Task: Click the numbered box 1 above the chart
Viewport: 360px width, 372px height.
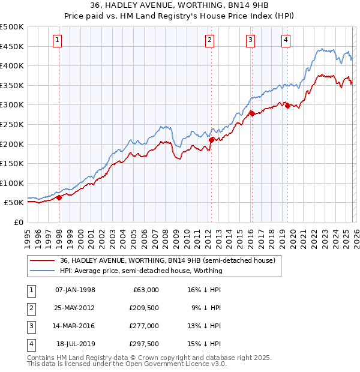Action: click(57, 40)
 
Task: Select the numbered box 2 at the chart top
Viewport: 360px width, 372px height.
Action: click(209, 40)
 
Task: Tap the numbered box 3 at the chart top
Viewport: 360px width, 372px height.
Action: click(250, 40)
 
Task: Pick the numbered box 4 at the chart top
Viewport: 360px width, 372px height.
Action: click(286, 40)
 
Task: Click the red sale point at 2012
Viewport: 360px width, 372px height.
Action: click(211, 140)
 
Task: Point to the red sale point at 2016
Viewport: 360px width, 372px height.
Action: click(251, 113)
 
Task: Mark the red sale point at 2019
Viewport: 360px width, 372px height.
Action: click(287, 106)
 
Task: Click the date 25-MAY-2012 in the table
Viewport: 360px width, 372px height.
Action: click(74, 308)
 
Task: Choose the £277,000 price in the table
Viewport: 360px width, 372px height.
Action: click(144, 326)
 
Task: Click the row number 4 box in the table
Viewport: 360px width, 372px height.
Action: click(29, 344)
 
